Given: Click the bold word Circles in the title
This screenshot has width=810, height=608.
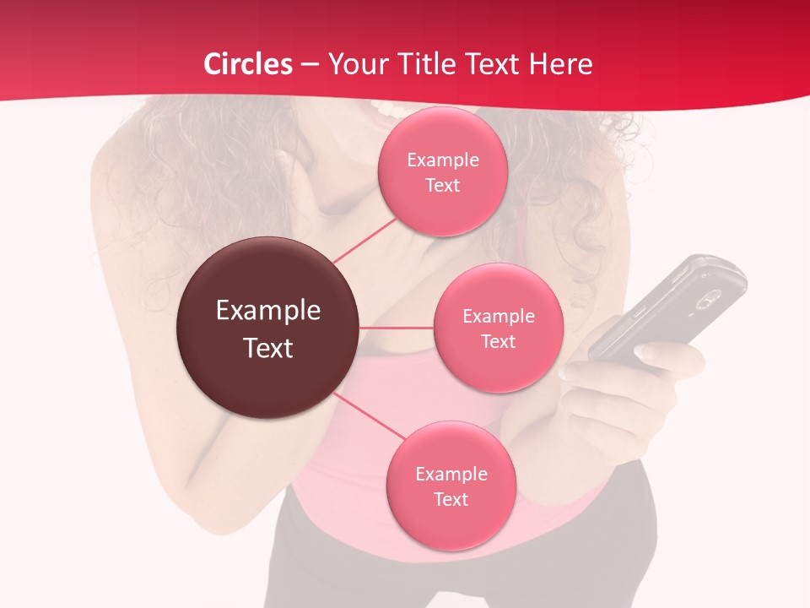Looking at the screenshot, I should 247,64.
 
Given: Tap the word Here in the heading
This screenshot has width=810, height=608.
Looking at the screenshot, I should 561,64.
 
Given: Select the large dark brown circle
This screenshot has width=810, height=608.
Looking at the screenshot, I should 267,328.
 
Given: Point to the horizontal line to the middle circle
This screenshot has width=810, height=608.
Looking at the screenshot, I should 396,328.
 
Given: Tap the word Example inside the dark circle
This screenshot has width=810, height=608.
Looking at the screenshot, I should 267,311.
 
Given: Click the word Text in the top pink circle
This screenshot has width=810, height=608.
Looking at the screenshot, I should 442,186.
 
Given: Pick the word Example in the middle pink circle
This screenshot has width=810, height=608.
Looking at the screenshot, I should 498,317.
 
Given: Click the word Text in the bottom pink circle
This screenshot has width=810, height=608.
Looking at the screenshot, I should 451,500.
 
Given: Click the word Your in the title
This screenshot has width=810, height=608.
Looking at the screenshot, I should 356,64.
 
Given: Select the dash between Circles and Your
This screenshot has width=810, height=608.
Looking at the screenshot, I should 309,65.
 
